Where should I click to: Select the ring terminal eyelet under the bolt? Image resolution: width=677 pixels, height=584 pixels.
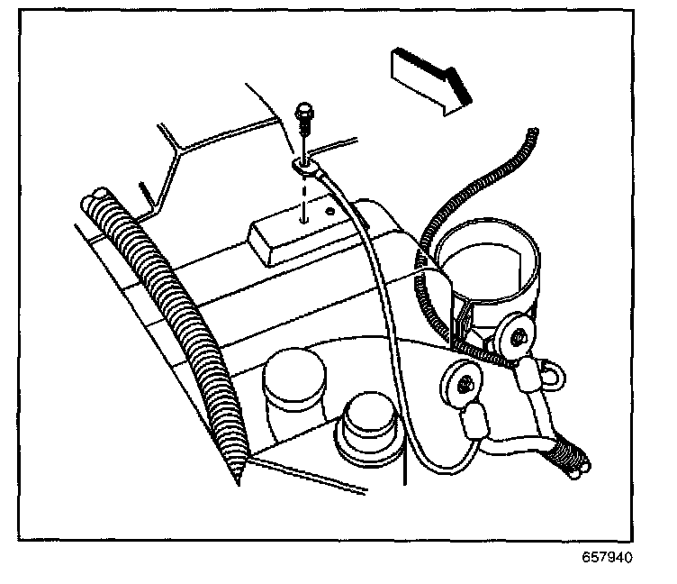click(303, 164)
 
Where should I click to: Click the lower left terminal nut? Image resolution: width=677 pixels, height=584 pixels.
click(461, 386)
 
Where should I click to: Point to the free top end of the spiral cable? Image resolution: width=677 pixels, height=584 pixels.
click(533, 134)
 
